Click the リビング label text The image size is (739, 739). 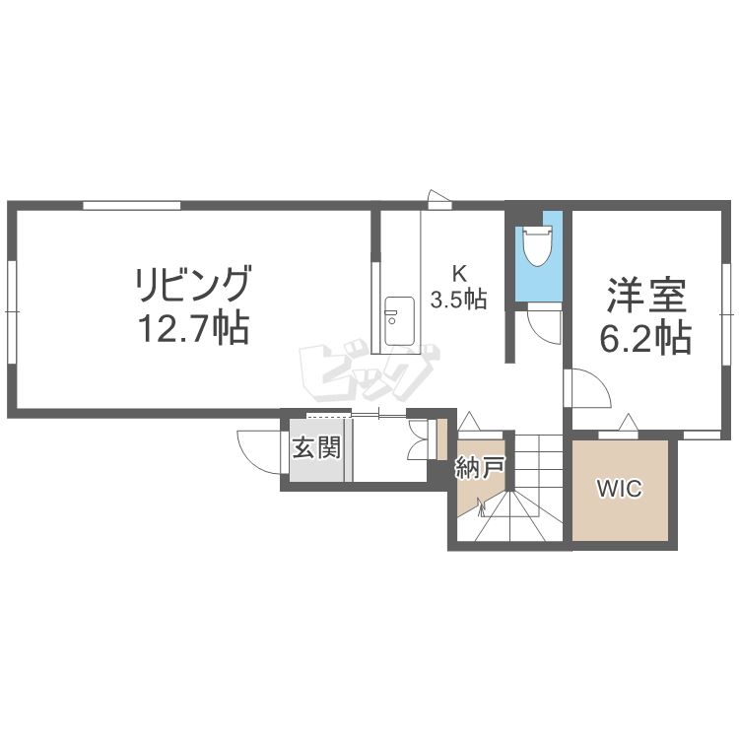point(193,284)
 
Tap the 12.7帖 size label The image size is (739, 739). point(193,328)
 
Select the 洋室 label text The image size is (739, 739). point(645,295)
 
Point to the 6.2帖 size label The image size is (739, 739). point(645,337)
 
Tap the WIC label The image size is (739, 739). point(620,489)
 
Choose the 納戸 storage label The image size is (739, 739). point(480,468)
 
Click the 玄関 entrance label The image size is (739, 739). point(316,447)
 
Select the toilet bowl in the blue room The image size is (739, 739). point(537,246)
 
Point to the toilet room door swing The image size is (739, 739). point(544,324)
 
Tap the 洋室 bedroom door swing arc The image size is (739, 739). point(589,387)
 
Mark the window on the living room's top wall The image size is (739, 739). point(132,206)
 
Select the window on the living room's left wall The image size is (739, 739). point(12,312)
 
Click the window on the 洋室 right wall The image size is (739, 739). point(726,313)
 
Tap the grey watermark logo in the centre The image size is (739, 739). point(369,371)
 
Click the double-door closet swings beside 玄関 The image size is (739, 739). point(419,439)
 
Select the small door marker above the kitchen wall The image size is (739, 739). point(438,199)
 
